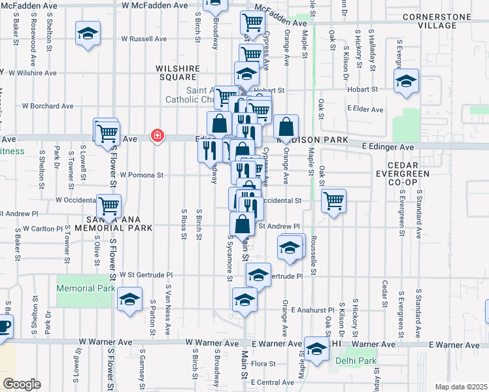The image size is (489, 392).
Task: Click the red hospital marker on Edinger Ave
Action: coord(157,136)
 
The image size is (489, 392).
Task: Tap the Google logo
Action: coord(22,384)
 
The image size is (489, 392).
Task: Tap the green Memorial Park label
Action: coord(86,288)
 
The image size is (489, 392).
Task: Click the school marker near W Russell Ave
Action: coord(88,34)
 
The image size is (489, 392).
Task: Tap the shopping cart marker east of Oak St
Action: coord(334,200)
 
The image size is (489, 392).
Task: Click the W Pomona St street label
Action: coord(141,175)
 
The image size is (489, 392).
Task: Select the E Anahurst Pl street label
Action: coord(313,309)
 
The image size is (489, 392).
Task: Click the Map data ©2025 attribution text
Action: coord(462,387)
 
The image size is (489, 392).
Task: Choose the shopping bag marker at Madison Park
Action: coord(286,127)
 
